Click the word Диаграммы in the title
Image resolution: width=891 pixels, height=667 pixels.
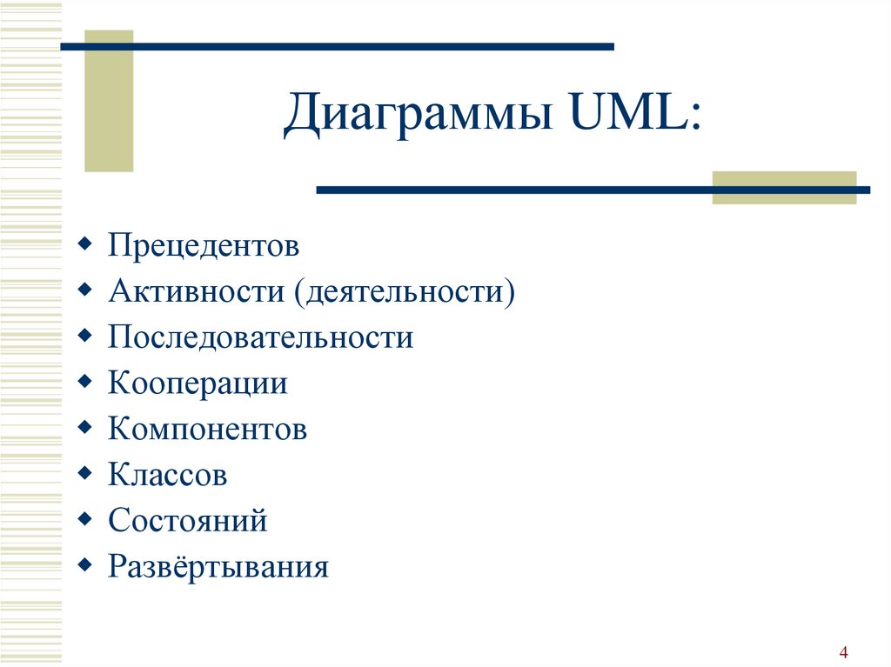pos(419,114)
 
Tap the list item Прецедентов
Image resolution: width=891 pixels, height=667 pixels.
pos(204,245)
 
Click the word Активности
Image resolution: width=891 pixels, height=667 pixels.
pos(196,291)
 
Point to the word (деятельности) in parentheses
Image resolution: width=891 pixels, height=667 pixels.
pos(405,292)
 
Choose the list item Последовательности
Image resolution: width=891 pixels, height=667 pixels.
pos(261,337)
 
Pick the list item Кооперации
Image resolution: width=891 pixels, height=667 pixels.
pos(198,384)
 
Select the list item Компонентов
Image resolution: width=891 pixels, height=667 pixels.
pos(207,429)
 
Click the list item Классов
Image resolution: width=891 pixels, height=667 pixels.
pos(168,475)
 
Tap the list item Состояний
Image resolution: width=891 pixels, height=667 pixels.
pos(188,519)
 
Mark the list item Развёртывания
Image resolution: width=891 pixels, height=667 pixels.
pos(218,566)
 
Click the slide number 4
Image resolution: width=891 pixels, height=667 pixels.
pos(843,652)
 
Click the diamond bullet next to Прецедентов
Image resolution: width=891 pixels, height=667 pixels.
pos(84,244)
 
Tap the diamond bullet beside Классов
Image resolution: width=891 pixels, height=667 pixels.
pos(84,473)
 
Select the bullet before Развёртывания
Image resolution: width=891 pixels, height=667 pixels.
pos(84,564)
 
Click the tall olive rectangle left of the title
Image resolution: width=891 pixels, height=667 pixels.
pos(109,101)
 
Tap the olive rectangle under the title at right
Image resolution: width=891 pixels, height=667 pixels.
pos(784,188)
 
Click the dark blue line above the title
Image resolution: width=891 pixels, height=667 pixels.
pos(337,47)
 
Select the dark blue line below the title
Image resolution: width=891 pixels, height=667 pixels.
pos(593,190)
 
